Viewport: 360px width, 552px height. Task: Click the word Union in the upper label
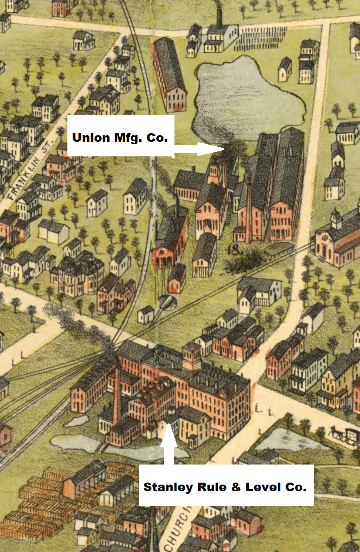pos(91,137)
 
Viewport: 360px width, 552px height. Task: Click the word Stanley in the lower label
pos(166,487)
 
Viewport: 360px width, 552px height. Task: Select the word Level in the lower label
pos(262,487)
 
